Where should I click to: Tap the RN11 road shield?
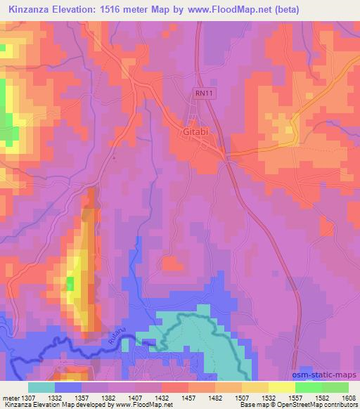coord(202,91)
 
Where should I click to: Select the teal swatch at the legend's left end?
coord(41,387)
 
